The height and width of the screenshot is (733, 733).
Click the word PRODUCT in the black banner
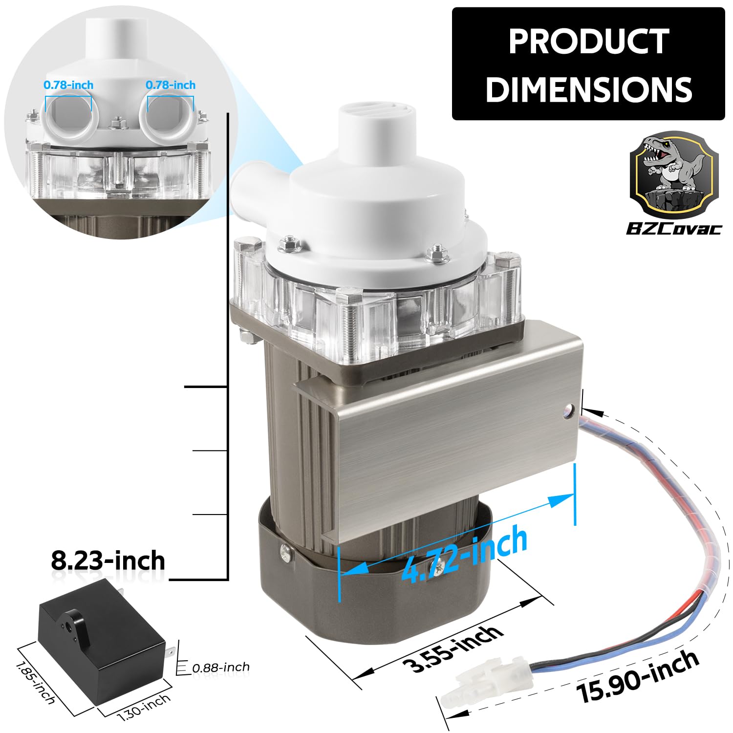coord(589,42)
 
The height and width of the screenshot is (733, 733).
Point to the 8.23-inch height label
coord(108,561)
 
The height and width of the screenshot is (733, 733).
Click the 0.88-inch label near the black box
coord(220,667)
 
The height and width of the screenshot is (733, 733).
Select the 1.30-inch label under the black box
coord(145,707)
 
